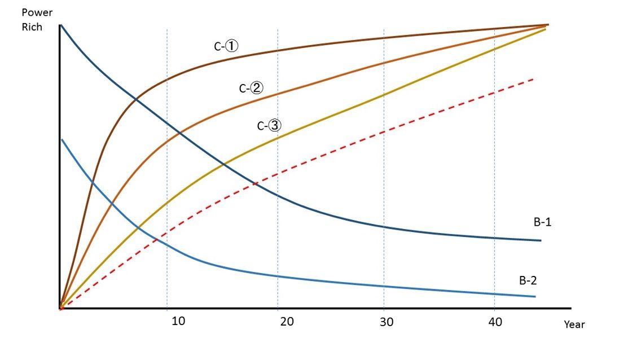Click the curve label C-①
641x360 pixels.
pos(226,47)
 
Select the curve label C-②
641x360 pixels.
pos(251,88)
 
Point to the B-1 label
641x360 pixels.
pos(542,222)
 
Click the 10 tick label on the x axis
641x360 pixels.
pos(178,322)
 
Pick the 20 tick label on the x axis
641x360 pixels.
pos(287,322)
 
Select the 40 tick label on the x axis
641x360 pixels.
pos(495,322)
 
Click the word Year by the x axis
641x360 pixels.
pos(574,324)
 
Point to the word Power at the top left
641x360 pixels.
pos(37,12)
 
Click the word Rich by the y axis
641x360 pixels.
pos(32,27)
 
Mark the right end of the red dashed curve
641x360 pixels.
pos(533,79)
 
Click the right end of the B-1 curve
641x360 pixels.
pos(541,240)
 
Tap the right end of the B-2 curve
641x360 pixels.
pos(534,296)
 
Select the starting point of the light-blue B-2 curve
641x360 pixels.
pos(62,139)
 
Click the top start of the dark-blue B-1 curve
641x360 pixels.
pos(60,25)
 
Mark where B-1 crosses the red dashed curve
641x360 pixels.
pos(254,183)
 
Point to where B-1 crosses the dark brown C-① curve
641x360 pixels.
pos(136,100)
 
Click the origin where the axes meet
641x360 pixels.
pos(59,309)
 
